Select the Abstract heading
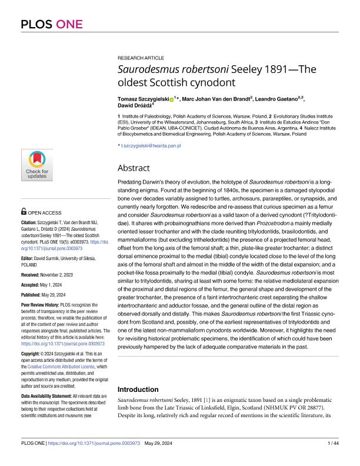(135, 168)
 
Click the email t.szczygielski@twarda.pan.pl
(151, 145)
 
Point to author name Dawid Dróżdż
(134, 106)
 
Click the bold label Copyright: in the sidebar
(32, 346)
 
